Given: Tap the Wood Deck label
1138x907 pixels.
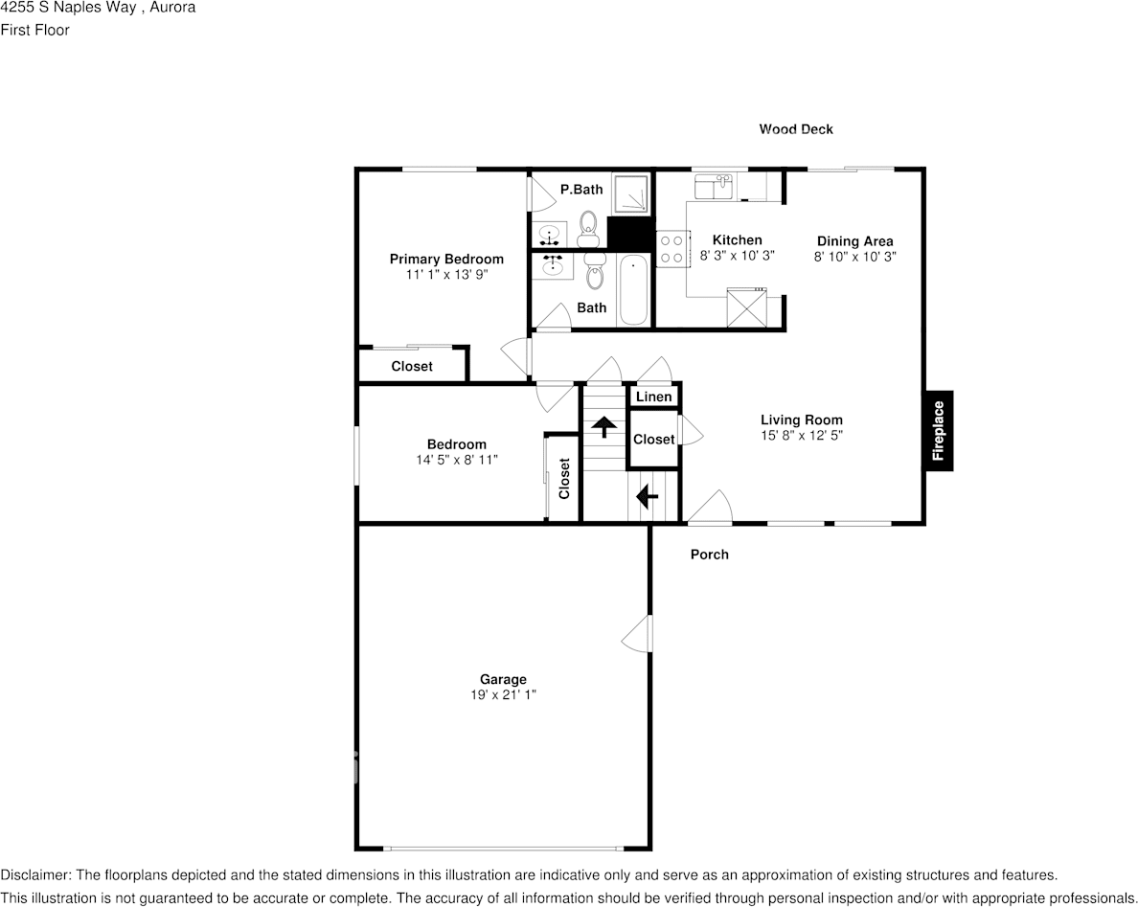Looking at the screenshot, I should (x=796, y=129).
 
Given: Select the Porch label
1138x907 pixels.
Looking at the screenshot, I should (x=709, y=555).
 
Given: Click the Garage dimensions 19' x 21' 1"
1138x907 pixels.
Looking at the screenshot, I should (x=503, y=695).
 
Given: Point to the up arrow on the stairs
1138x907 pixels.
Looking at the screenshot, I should (x=603, y=426).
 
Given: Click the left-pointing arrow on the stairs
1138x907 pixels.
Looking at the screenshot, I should (x=647, y=496).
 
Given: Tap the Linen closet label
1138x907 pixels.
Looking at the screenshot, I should (x=653, y=397).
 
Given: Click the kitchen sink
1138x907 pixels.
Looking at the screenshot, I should (x=713, y=186).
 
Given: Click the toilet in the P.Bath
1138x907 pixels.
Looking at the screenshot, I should (x=588, y=229).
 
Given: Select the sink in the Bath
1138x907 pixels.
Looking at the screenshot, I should (x=553, y=266).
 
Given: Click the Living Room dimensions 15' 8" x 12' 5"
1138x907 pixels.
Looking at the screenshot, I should (x=802, y=435).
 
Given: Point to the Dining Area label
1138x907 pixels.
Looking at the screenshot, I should (x=854, y=241).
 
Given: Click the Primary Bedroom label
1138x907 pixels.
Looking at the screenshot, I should (x=445, y=259).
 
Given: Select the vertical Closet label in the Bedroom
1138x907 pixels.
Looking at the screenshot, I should (x=564, y=478).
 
